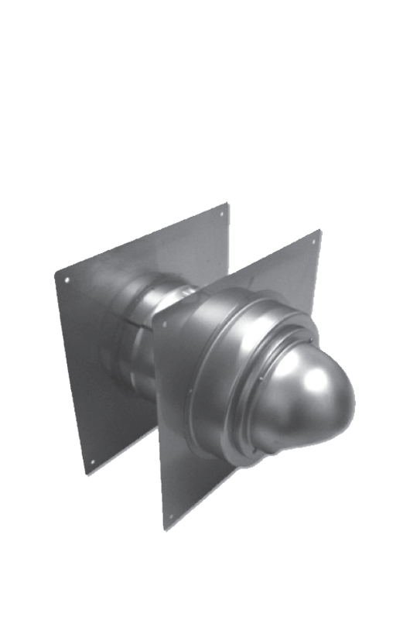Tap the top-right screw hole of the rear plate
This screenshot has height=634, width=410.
(x=222, y=214)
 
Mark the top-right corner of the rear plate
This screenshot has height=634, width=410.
(x=229, y=203)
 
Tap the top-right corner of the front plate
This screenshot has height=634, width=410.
(x=321, y=228)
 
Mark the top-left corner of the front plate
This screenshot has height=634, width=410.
(x=153, y=317)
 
